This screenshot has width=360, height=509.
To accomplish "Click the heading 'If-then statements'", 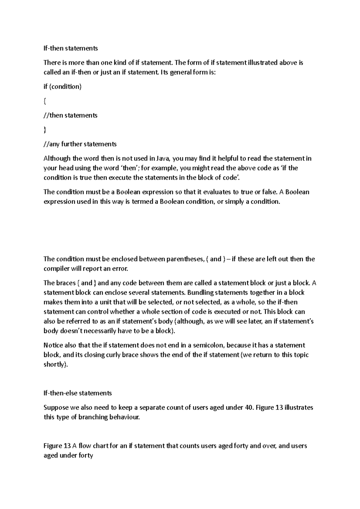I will (x=70, y=48).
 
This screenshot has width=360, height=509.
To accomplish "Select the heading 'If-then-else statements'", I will (x=77, y=393).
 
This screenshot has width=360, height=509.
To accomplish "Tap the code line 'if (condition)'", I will (x=62, y=87).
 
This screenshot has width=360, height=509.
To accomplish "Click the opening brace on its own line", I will (x=45, y=101).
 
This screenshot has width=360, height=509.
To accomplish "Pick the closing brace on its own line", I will (x=45, y=130).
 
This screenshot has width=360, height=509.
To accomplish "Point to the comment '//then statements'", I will (x=70, y=115).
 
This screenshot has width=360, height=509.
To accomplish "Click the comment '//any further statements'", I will (x=80, y=144).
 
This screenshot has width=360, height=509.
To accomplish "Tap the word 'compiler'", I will (x=56, y=269).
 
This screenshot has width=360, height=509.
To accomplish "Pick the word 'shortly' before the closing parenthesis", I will (x=54, y=365).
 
